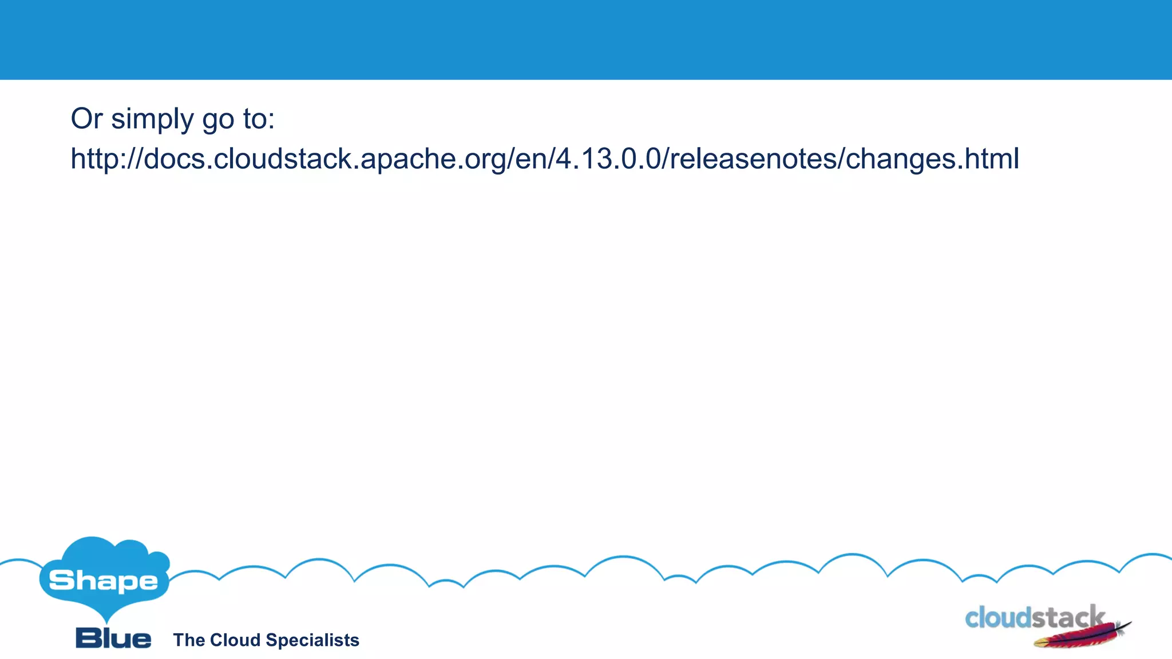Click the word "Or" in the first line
coord(86,119)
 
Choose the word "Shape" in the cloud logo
coord(104,581)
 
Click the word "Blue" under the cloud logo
coord(113,638)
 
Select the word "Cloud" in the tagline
coord(235,640)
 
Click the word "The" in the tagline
coord(189,640)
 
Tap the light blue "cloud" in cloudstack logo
coord(999,618)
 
